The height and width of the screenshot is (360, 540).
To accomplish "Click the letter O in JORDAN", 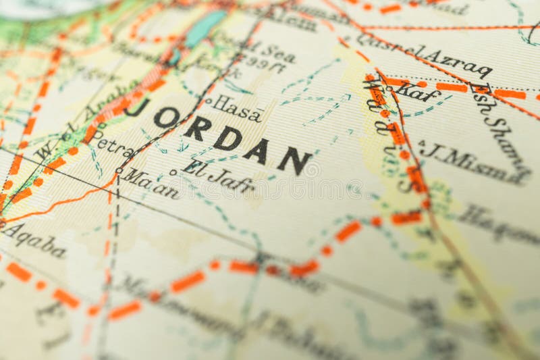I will click(x=166, y=118).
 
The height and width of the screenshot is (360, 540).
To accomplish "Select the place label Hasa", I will click(x=238, y=109).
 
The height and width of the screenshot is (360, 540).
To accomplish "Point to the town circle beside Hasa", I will click(x=208, y=101).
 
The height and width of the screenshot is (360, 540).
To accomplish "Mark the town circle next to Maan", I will click(x=119, y=170).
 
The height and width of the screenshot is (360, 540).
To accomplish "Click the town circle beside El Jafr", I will click(x=173, y=172).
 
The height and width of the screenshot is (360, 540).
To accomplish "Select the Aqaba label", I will click(x=34, y=240).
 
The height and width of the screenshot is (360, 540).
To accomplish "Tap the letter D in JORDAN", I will click(x=228, y=139).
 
